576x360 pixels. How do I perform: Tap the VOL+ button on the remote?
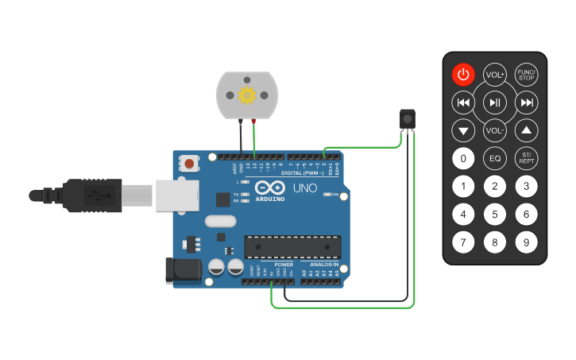point(495,75)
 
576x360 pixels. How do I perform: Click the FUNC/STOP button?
point(526,75)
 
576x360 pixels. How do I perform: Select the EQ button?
point(495,158)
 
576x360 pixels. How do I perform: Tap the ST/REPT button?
point(526,158)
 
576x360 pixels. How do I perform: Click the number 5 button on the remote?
point(495,214)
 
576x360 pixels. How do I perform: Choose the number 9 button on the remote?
point(526,242)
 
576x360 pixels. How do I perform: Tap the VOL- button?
point(495,130)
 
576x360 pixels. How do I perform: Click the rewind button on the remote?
point(464,103)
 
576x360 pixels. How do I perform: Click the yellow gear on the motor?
point(246,95)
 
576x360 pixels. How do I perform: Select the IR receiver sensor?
point(407,119)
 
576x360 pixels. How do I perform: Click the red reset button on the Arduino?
point(190,163)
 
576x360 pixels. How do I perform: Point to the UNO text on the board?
point(305,188)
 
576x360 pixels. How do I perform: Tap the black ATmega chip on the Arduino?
point(292,247)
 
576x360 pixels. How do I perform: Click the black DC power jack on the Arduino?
point(182,270)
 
